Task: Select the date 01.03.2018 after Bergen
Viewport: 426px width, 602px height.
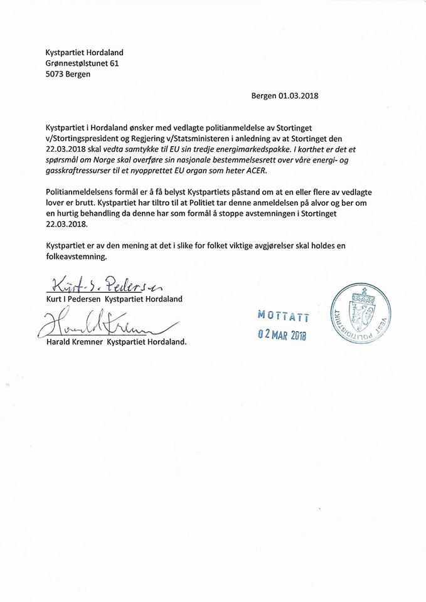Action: [299, 97]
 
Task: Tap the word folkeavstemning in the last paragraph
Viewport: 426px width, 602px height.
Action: [77, 256]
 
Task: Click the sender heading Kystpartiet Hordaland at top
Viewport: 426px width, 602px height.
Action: [88, 53]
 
